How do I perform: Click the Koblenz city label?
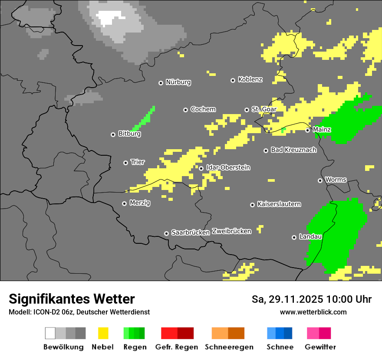pos(250,79)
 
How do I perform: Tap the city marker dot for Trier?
pos(126,163)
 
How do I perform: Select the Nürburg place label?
pos(178,82)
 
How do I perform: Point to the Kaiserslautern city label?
pos(279,204)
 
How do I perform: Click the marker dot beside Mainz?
pos(308,130)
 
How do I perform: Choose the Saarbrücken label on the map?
pos(191,232)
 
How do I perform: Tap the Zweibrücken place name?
pos(231,231)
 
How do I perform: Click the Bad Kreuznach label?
pos(293,150)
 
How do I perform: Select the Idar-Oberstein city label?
pos(228,167)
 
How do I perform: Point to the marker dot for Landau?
pos(294,237)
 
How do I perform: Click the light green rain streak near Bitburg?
pos(144,119)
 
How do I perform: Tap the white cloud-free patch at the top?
pos(111,17)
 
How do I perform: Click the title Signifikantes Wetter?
pos(72,299)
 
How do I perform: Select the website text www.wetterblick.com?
pos(313,312)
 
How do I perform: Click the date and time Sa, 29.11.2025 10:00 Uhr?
pos(311,299)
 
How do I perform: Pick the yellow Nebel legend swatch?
pos(103,333)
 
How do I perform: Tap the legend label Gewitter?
pos(320,347)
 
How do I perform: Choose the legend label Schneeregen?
pos(229,347)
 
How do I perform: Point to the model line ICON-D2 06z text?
pos(79,312)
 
